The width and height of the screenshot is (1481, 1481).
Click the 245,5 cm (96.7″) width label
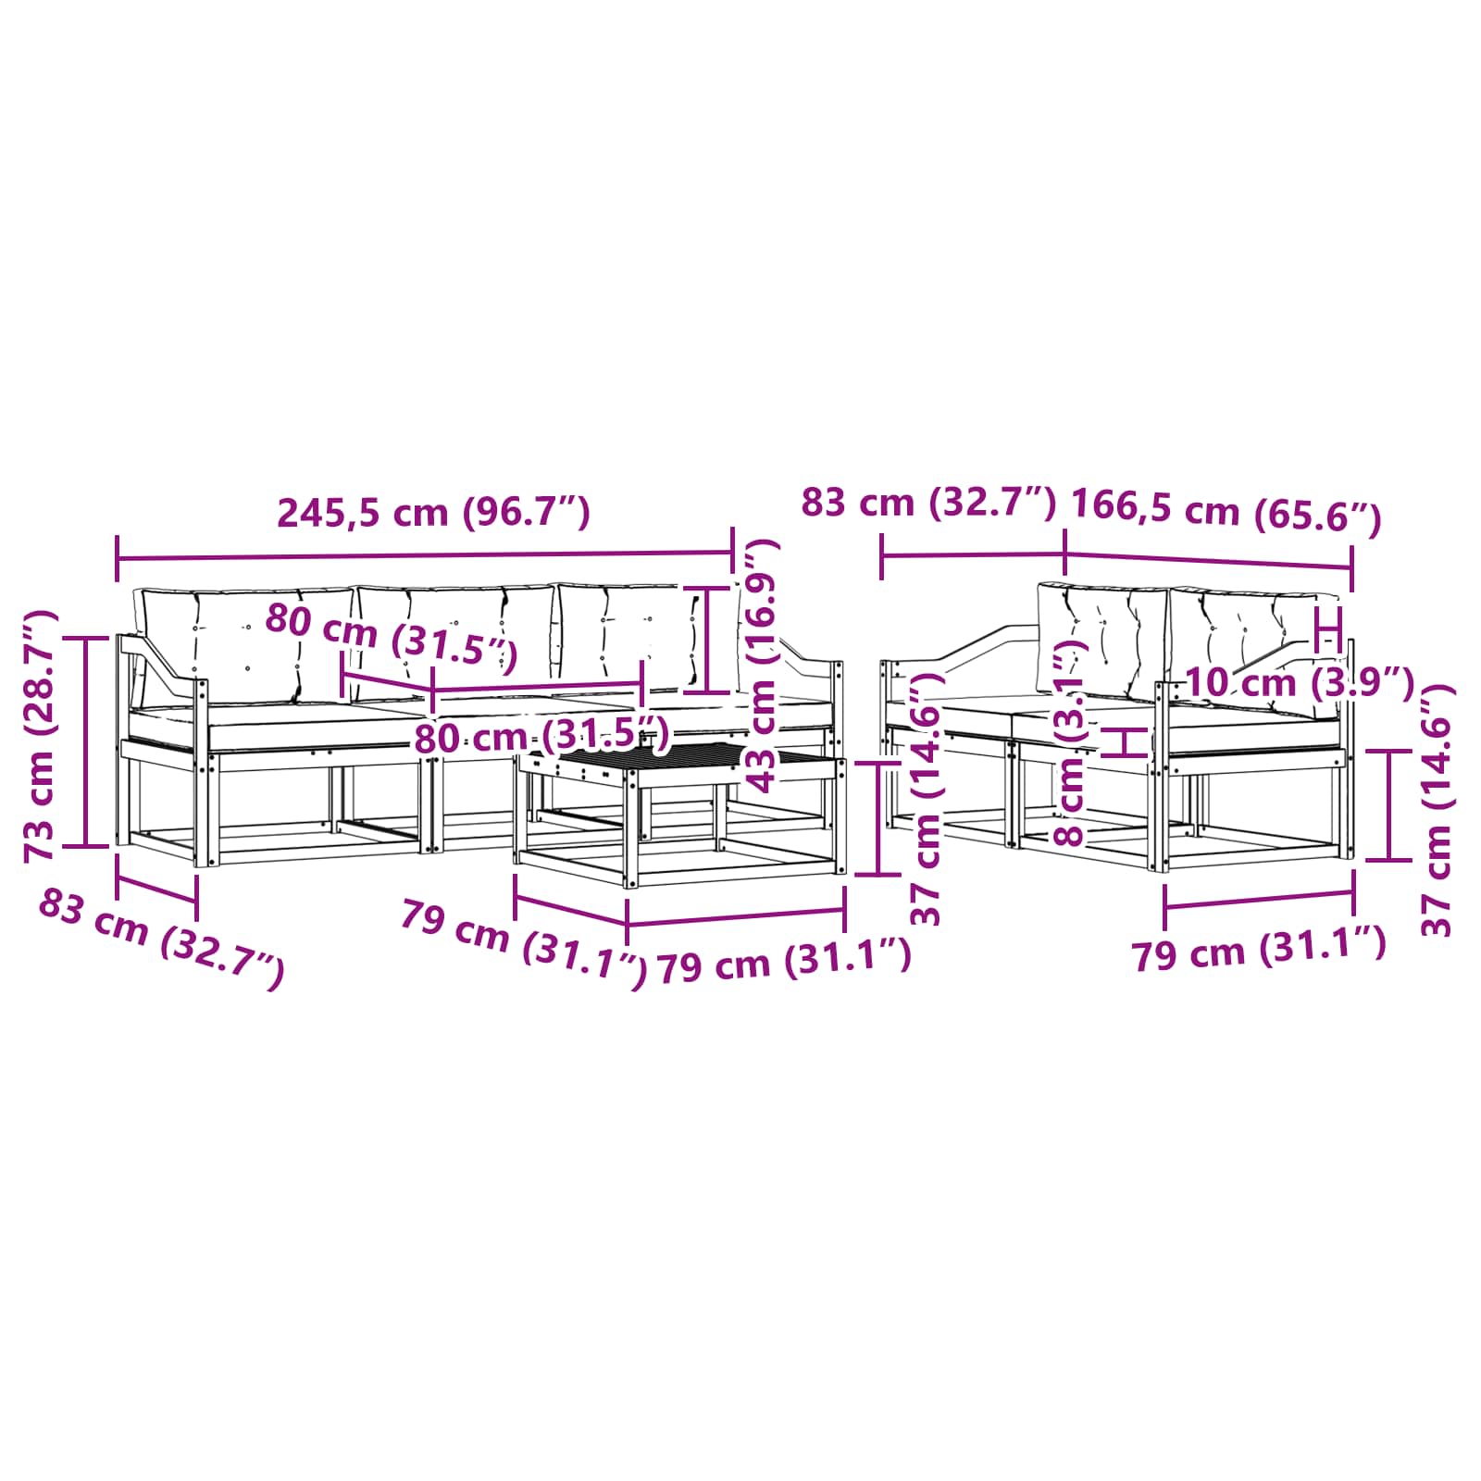pos(434,512)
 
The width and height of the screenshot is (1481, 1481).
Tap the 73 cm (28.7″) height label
pos(41,736)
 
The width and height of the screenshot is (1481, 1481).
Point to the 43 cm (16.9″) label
pos(763,666)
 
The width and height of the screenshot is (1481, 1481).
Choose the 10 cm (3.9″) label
pos(1300,683)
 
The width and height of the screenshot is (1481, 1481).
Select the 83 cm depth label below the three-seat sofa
pos(161,939)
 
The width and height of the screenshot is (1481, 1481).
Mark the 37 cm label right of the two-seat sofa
pos(1436,811)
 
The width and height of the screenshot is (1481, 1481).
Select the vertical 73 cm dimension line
pos(86,741)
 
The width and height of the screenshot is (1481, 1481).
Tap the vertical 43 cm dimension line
pos(706,639)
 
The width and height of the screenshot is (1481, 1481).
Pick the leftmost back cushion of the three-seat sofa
pos(245,645)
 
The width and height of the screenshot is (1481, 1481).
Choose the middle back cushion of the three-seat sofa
pos(456,639)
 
